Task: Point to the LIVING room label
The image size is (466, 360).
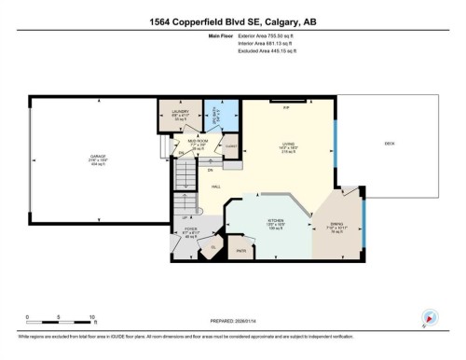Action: pyautogui.click(x=288, y=147)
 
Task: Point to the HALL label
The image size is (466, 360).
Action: pyautogui.click(x=216, y=187)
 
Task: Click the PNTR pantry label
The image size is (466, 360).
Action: pyautogui.click(x=241, y=250)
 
